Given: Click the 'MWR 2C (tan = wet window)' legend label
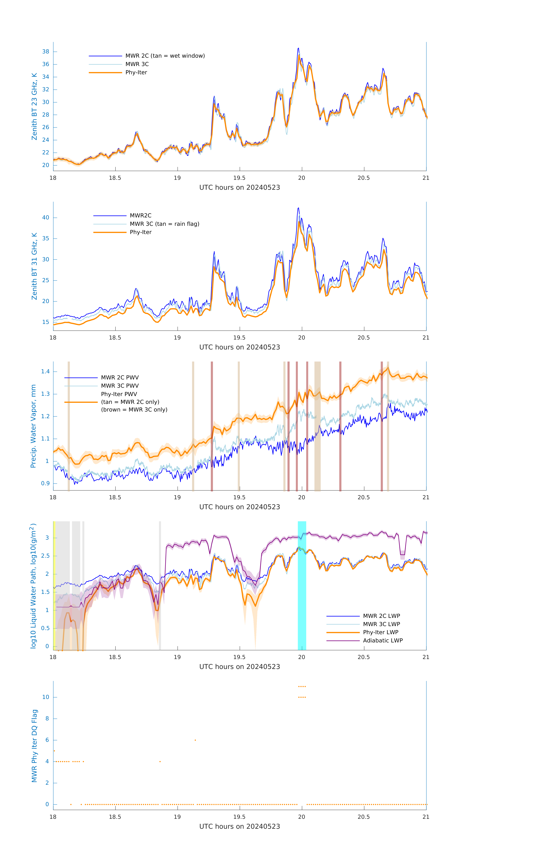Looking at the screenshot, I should [x=165, y=56].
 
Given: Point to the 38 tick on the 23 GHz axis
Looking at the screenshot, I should [x=46, y=52].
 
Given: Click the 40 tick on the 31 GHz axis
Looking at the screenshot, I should [x=46, y=218].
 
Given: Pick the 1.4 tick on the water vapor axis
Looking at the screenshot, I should [x=45, y=371].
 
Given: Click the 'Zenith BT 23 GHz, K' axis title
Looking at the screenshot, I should [x=34, y=106].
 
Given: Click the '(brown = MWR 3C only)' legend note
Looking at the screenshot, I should [x=134, y=410].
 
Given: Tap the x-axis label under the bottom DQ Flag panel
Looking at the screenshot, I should [x=239, y=827].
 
